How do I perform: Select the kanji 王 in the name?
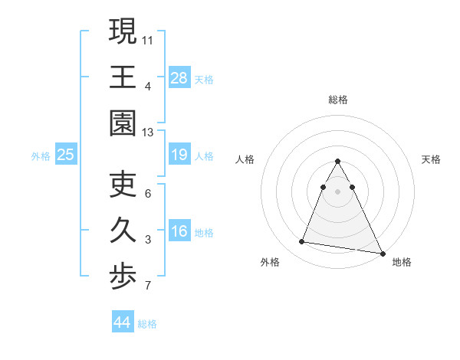click(x=123, y=77)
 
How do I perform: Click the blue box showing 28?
click(x=179, y=77)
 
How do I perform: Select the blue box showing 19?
click(x=179, y=155)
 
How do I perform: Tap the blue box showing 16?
click(x=179, y=232)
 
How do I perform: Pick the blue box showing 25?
click(x=65, y=155)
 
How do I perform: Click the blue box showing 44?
click(x=122, y=322)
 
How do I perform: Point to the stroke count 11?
click(x=148, y=38)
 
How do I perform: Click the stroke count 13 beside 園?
click(x=148, y=132)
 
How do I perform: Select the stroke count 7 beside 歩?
click(x=148, y=286)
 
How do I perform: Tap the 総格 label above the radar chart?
click(x=338, y=100)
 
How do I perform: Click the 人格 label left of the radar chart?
click(x=245, y=159)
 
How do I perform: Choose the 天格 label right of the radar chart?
click(x=432, y=159)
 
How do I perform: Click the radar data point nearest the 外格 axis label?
click(x=302, y=242)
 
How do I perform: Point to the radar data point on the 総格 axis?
click(x=338, y=162)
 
